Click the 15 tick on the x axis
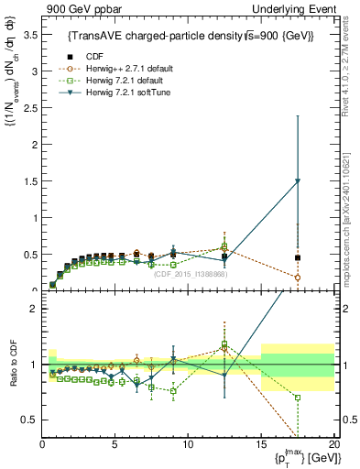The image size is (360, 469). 261,444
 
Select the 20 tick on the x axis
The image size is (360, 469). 333,444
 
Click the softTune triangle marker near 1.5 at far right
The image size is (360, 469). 298,181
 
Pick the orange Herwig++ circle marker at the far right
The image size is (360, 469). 298,278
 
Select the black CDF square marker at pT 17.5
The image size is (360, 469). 298,258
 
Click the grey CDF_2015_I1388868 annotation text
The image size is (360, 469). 191,274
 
